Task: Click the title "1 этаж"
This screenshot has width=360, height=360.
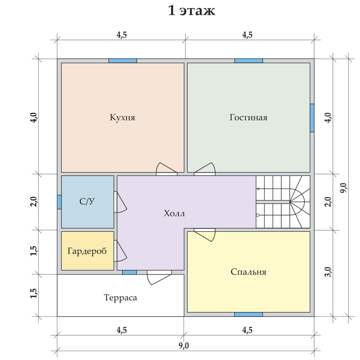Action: tap(192, 10)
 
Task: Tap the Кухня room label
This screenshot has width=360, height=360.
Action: tap(122, 117)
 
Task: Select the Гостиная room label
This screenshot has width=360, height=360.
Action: tap(248, 117)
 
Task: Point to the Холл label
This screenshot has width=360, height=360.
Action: tap(174, 213)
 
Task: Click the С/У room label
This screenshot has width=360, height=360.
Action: tap(87, 201)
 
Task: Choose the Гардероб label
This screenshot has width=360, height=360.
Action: tap(87, 251)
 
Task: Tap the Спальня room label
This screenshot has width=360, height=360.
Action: tap(248, 272)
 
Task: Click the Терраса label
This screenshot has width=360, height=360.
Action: tap(120, 297)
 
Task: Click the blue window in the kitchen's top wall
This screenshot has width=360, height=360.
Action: tap(122, 61)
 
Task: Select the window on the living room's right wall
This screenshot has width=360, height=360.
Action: tap(312, 118)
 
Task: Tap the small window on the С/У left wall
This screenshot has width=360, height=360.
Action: tap(59, 202)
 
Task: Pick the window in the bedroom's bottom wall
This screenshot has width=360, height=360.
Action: tap(248, 314)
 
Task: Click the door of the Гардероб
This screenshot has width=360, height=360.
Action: tap(120, 251)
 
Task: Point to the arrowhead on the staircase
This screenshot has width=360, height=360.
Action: tap(258, 189)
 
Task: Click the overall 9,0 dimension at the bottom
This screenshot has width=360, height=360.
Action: tap(184, 346)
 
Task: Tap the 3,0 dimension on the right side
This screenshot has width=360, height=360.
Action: tap(328, 272)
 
